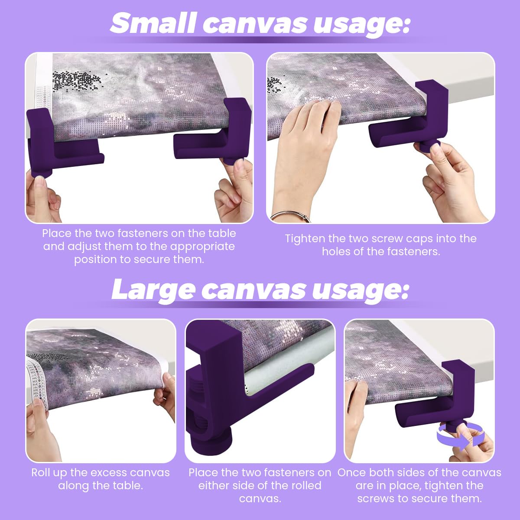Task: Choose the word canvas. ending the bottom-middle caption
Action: [260, 499]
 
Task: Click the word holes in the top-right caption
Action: [336, 252]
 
